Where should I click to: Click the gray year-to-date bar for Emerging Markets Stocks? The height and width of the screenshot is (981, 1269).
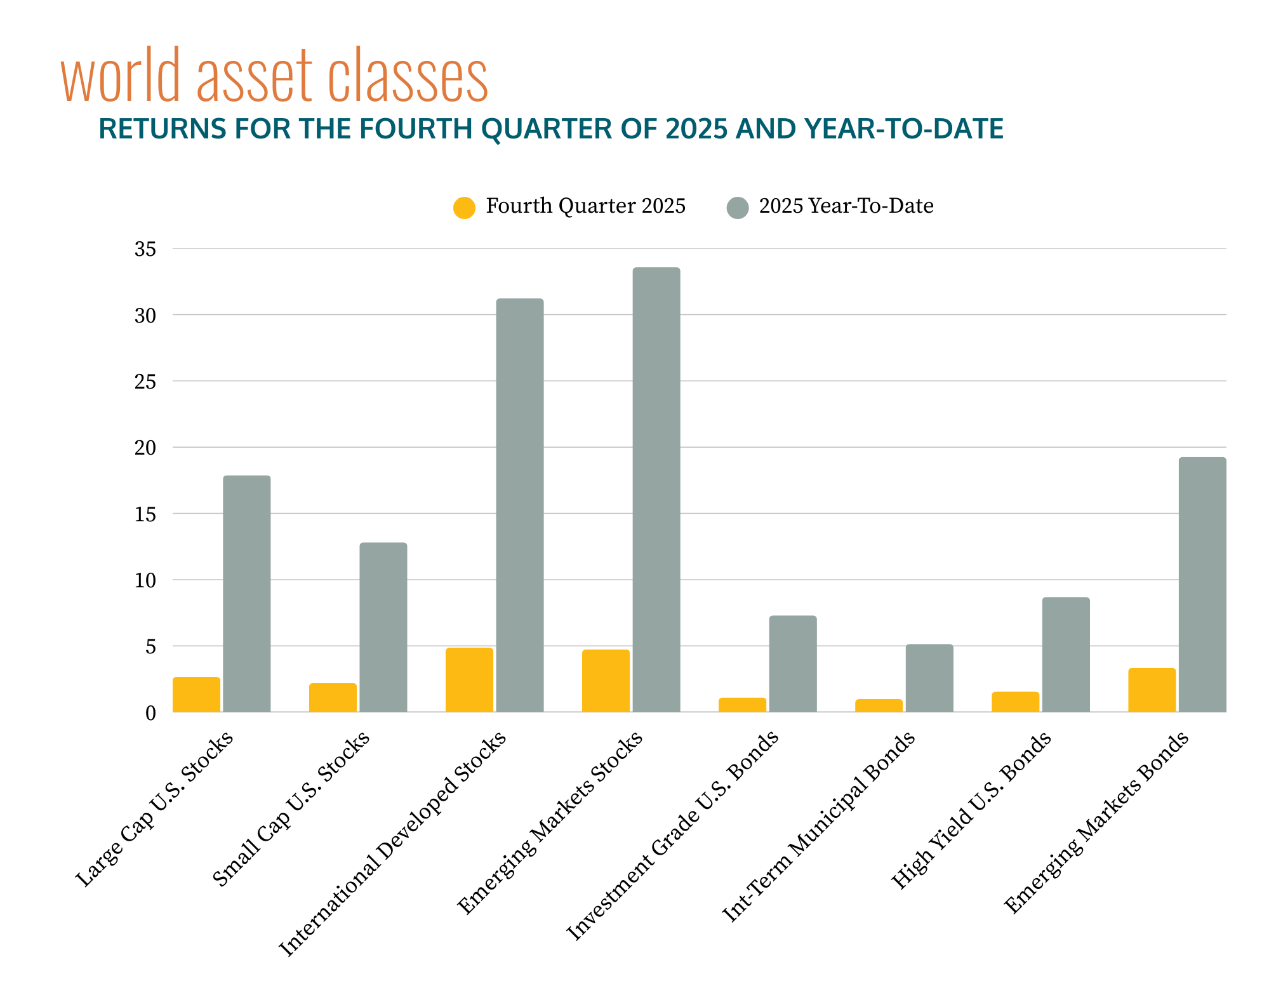pos(656,490)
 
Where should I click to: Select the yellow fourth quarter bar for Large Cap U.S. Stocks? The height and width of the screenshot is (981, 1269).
pos(196,695)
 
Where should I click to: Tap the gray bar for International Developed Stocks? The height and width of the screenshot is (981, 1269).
pos(519,505)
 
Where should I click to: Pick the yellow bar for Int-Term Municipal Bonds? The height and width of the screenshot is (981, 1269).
pos(879,705)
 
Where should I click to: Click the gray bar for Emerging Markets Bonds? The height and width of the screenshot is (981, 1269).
pos(1202,584)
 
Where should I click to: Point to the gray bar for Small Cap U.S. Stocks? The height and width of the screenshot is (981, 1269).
pos(383,627)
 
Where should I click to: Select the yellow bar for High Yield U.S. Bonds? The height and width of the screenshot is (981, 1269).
pos(1015,702)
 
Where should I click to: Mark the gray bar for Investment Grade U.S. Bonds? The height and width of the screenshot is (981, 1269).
pos(793,664)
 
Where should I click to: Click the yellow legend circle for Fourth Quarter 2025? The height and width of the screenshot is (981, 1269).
pos(464,208)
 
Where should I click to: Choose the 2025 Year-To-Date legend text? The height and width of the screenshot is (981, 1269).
pos(846,206)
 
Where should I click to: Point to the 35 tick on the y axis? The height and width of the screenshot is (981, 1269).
pos(145,250)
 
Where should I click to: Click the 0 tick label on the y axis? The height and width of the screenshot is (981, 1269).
pos(150,713)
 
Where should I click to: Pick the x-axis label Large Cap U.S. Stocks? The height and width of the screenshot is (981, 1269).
pos(154,810)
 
